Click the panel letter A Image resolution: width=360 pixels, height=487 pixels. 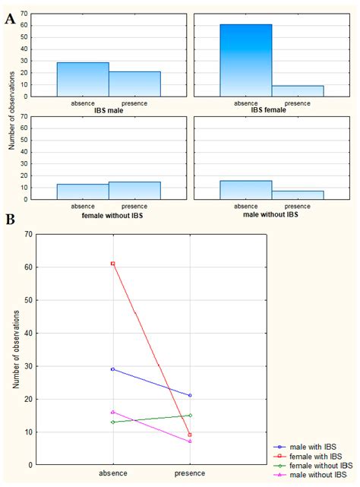[9, 19]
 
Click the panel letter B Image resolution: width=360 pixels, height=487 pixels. [9, 220]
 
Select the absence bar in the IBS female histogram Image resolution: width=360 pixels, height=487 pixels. [246, 61]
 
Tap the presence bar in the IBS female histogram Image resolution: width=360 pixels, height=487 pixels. [298, 91]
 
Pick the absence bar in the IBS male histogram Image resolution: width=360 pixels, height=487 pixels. [83, 79]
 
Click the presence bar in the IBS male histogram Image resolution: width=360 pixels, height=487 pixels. [134, 84]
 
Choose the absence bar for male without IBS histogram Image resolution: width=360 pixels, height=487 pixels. [246, 190]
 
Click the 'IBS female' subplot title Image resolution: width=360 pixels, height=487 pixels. [272, 111]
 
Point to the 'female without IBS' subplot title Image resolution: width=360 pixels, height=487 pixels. [109, 214]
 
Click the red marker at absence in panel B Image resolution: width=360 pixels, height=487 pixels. [113, 264]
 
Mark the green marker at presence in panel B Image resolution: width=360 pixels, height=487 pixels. [189, 415]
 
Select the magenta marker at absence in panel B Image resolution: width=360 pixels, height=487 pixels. [113, 412]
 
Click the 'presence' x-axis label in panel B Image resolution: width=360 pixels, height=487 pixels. [189, 473]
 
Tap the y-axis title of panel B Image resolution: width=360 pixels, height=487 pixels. [15, 349]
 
